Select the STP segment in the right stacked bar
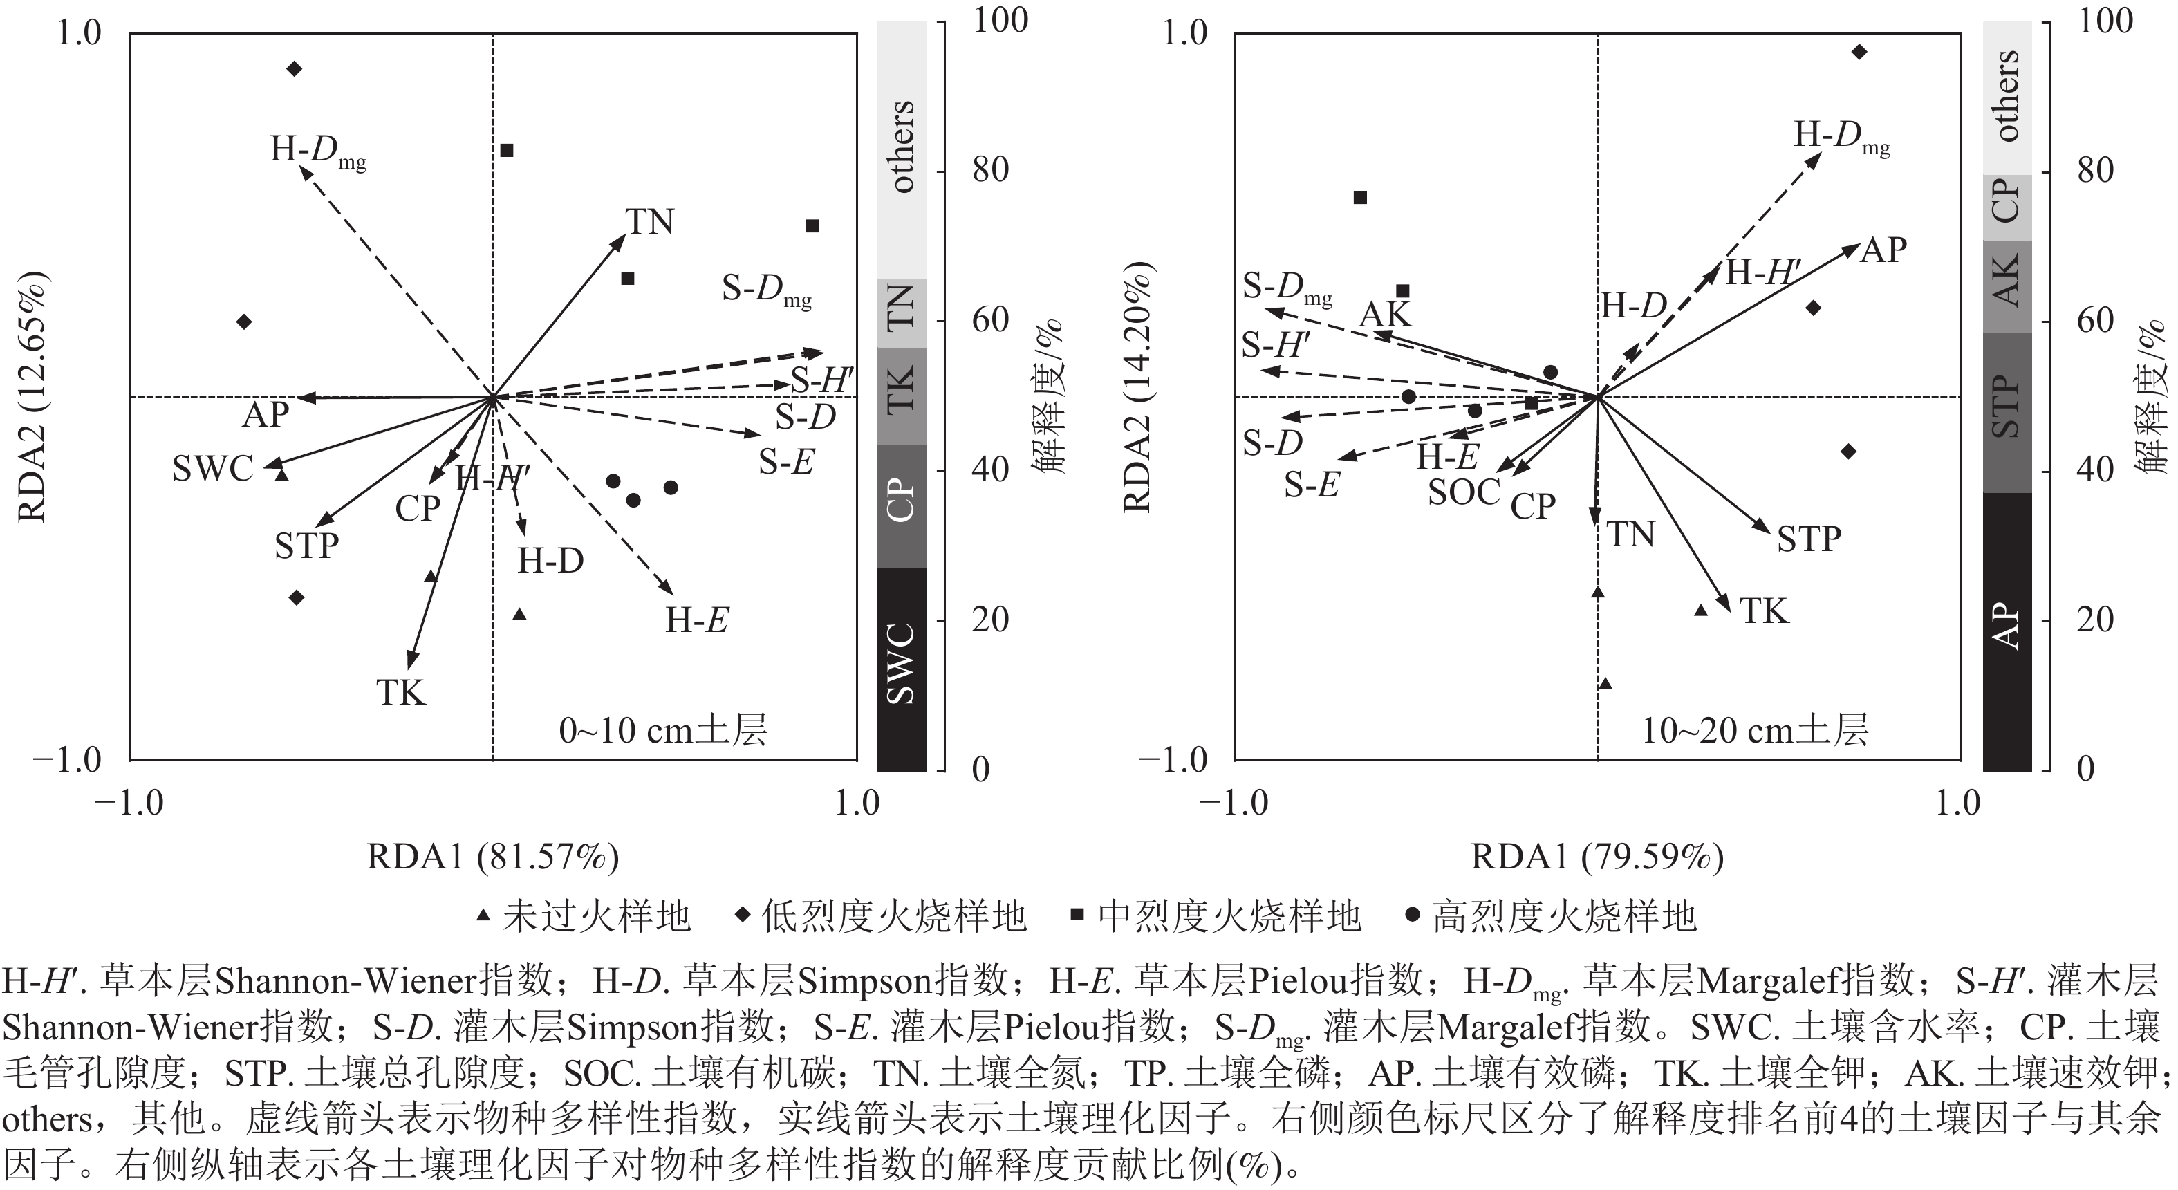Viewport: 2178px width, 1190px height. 2007,412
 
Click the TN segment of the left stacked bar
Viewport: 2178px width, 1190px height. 902,313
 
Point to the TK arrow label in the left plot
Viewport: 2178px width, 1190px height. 401,693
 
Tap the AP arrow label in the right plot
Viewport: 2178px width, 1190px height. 1883,250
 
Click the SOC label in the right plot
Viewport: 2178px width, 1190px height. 1464,492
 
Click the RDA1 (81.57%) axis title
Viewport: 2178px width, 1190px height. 492,857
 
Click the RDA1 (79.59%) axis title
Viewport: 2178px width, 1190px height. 1597,857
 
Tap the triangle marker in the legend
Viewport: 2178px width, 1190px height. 483,916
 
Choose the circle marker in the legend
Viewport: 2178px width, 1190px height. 1411,916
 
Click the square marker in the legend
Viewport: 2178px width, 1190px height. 1077,916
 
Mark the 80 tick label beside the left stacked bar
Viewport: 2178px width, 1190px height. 990,170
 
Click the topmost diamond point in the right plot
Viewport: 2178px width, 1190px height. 1859,53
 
